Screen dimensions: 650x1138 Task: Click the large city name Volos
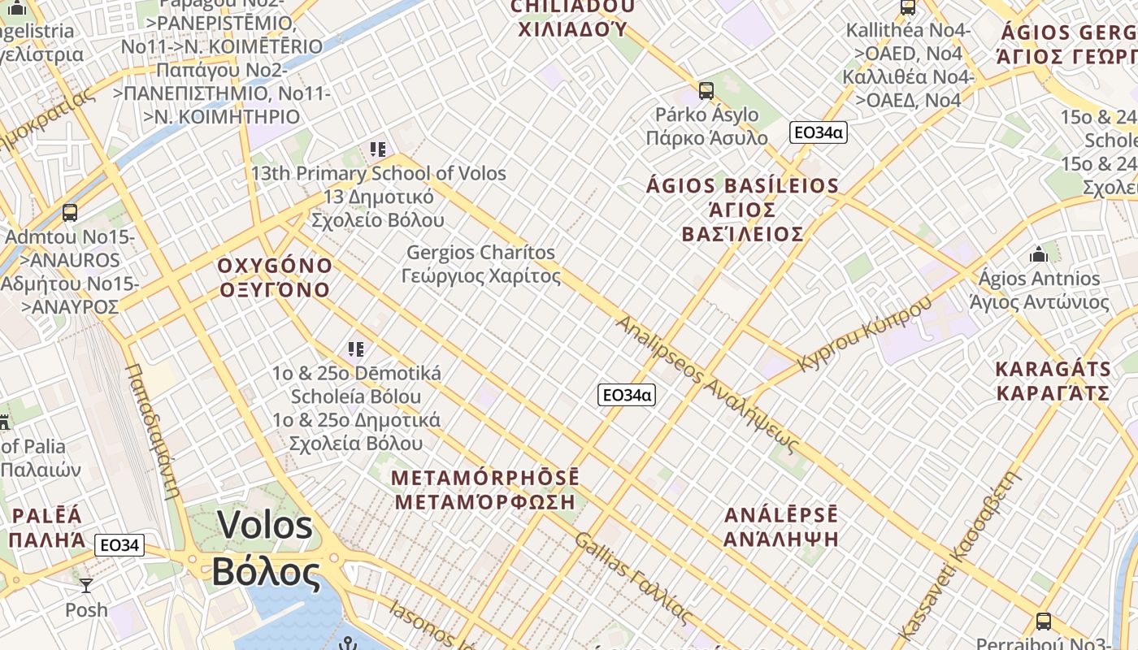(x=265, y=526)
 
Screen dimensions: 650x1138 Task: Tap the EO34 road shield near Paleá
(x=119, y=545)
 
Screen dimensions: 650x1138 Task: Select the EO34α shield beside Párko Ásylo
(x=818, y=132)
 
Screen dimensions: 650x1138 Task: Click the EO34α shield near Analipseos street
(x=626, y=395)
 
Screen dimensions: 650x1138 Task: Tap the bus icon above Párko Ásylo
(x=706, y=90)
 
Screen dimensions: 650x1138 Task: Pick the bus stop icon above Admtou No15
(x=70, y=213)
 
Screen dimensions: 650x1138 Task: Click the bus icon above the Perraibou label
(x=1044, y=622)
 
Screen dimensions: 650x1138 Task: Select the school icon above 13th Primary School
(x=378, y=149)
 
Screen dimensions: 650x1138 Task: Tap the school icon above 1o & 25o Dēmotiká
(x=356, y=349)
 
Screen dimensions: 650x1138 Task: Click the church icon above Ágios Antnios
(x=1038, y=254)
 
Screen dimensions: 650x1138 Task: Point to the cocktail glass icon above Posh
(x=86, y=585)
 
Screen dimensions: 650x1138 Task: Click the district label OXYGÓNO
(x=275, y=266)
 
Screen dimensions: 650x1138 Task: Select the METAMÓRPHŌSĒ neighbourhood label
(x=485, y=477)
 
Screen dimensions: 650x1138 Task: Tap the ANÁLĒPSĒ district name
(x=780, y=515)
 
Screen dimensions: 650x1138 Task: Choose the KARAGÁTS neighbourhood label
(x=1053, y=369)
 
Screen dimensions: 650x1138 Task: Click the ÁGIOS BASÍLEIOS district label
(x=742, y=186)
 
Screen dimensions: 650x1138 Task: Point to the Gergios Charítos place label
(x=481, y=253)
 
